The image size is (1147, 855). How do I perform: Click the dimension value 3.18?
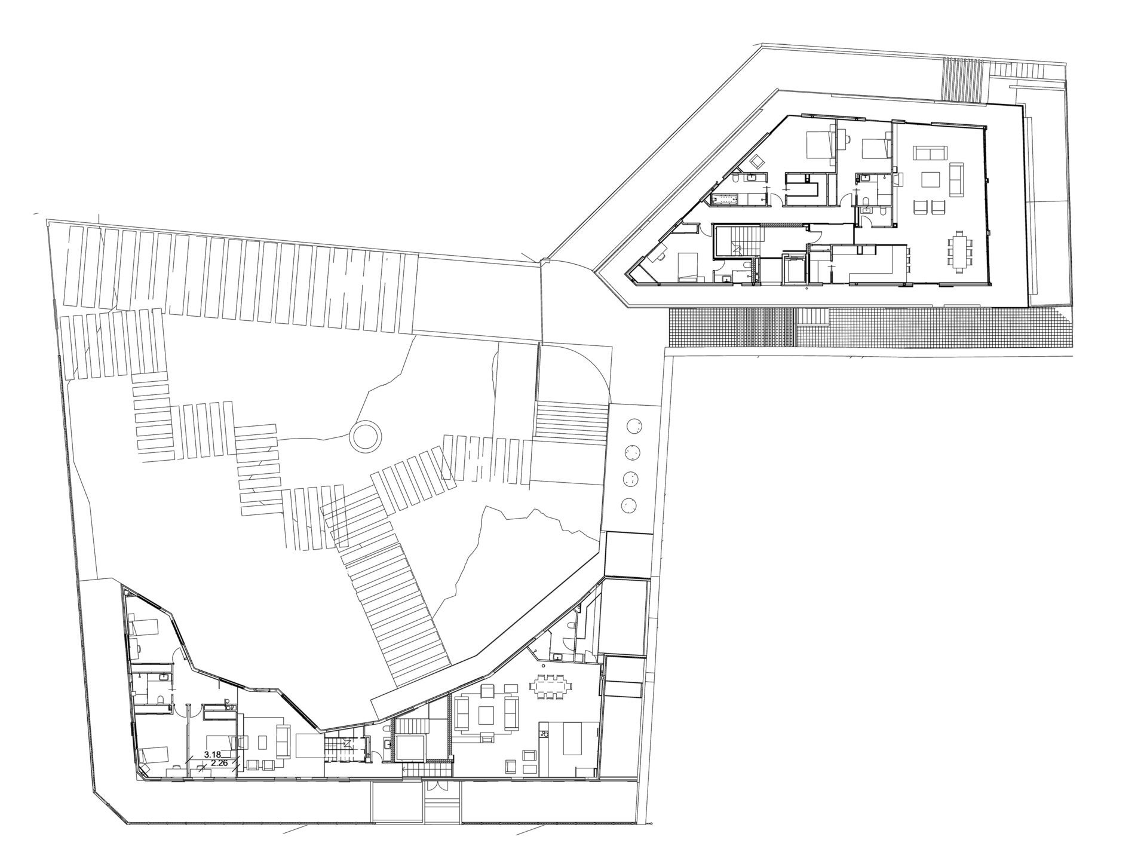click(x=211, y=755)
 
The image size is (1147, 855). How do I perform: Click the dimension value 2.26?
click(x=219, y=762)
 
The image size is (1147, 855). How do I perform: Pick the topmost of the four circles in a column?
click(x=632, y=426)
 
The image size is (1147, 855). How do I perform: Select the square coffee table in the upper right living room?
click(x=930, y=180)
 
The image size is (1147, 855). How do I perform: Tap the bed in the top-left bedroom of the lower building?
click(x=142, y=627)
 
